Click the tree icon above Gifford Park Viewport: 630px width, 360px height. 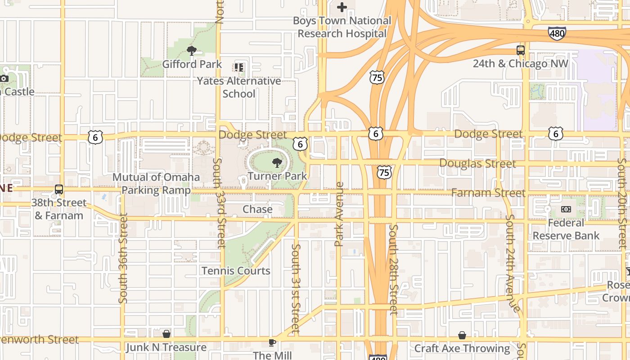point(192,50)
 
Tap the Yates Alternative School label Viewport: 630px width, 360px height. point(239,87)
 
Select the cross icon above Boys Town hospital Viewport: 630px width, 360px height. point(342,7)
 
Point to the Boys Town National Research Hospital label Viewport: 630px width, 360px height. point(342,27)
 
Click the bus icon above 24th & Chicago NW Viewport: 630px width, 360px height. point(521,50)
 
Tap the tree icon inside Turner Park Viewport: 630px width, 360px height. point(277,163)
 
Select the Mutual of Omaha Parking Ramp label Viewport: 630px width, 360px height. point(156,183)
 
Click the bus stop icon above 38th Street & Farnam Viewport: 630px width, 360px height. point(58,189)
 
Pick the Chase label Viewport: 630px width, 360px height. point(257,209)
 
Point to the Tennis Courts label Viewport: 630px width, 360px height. point(236,271)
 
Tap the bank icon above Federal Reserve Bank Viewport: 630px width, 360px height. point(566,209)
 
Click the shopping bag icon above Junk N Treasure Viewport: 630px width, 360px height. point(166,334)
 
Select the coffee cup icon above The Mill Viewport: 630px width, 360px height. point(272,342)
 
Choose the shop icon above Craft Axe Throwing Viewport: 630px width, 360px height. point(462,335)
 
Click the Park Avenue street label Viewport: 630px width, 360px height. point(339,214)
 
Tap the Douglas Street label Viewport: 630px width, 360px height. point(477,163)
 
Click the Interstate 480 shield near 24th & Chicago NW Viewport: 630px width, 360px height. point(557,33)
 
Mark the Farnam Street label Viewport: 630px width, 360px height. point(488,193)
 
